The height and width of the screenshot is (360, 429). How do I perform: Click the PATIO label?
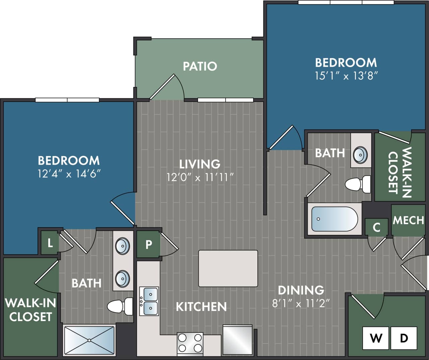200,66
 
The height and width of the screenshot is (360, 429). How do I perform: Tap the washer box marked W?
376,338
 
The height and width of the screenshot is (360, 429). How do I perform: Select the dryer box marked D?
404,338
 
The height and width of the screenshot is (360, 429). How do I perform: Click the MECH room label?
408,220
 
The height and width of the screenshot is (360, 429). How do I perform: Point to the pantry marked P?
148,245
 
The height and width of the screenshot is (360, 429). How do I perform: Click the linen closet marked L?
50,243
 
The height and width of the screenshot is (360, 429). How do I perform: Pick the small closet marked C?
376,227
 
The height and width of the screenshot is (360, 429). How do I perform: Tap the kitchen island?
228,268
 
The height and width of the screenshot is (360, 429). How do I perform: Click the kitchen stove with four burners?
190,343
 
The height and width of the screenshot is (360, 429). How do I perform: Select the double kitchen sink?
149,301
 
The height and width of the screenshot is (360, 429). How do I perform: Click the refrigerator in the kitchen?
237,340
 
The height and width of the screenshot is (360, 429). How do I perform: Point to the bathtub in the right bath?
334,219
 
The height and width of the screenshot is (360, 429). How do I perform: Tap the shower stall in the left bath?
89,340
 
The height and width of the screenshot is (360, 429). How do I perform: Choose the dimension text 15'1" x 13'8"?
346,76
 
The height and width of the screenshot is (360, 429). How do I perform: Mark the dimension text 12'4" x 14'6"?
69,174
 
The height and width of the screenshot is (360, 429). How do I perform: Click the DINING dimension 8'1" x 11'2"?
301,303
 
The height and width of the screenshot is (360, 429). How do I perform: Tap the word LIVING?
200,164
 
